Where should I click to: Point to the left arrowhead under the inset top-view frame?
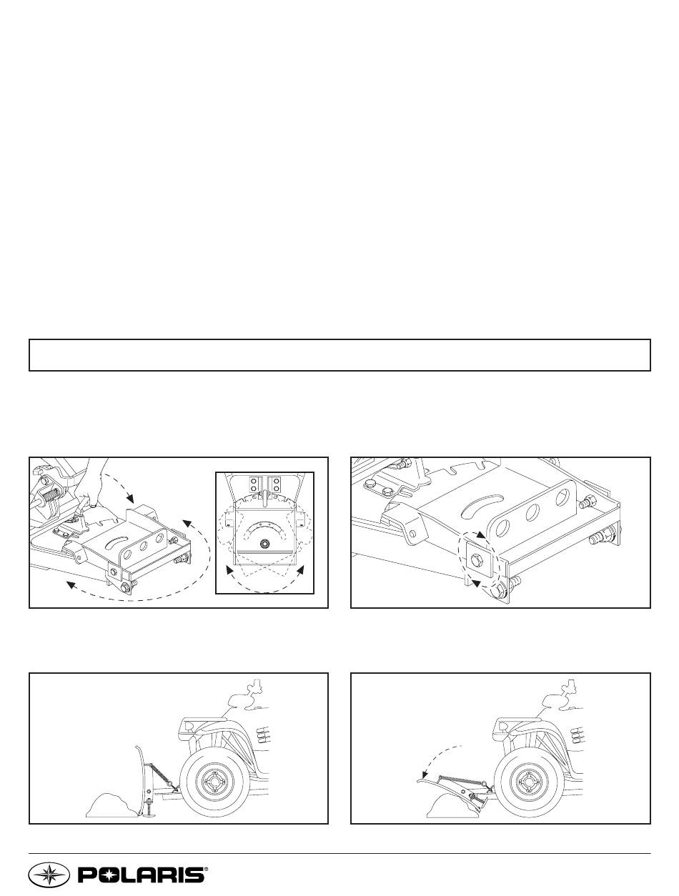[x=230, y=570]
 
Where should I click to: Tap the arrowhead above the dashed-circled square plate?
[x=482, y=534]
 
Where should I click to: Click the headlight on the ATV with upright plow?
[x=189, y=726]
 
